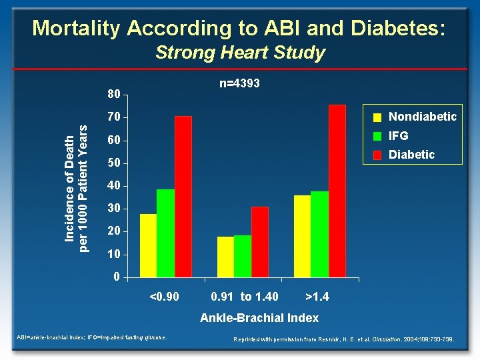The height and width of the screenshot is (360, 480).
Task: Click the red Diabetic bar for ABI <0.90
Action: [183, 197]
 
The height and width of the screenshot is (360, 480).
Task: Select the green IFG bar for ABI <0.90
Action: [165, 233]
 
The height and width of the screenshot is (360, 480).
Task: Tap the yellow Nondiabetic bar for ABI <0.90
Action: [148, 245]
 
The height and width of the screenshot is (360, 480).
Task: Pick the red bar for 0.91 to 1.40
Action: [260, 242]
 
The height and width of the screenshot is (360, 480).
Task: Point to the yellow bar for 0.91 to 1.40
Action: [225, 257]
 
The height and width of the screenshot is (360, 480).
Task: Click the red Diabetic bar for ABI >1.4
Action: [337, 191]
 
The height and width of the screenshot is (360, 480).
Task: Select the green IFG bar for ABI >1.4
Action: [320, 234]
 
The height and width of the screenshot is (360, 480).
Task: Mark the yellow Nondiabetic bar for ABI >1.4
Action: [303, 236]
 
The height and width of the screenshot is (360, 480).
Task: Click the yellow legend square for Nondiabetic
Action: [377, 117]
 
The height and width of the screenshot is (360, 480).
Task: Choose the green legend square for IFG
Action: [377, 136]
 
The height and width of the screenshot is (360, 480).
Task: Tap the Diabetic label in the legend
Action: [411, 155]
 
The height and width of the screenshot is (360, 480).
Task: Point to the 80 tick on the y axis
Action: [115, 95]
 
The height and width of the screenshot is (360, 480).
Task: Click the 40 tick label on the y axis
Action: [115, 186]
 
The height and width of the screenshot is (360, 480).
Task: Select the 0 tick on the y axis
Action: [117, 277]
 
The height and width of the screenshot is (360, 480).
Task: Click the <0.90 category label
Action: [164, 296]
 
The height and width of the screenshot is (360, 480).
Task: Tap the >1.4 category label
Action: [317, 296]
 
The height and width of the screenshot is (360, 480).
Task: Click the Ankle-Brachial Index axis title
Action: [259, 318]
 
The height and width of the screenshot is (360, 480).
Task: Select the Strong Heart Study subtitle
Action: [240, 53]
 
